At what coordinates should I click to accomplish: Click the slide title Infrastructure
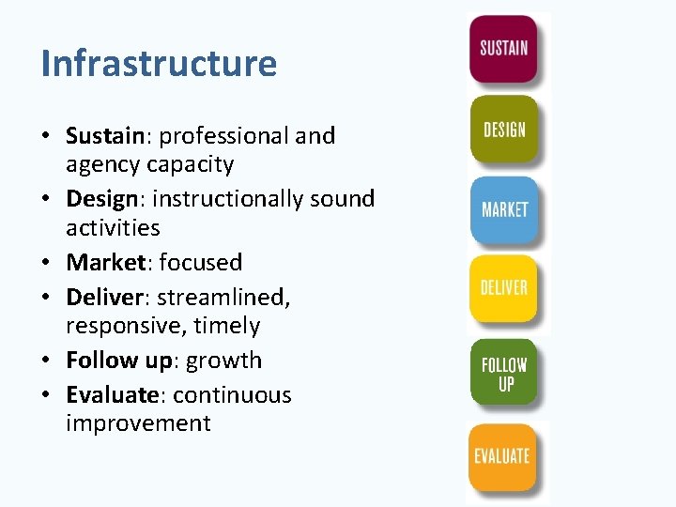coord(159,63)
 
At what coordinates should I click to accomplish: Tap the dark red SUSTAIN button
coord(503,48)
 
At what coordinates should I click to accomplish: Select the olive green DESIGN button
coord(504,129)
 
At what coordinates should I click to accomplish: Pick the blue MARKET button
coord(504,208)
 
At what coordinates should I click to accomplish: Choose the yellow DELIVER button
coord(504,287)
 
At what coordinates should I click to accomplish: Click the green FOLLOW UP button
coord(504,373)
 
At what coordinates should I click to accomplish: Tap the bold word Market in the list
coord(104,262)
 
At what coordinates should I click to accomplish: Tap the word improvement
coord(138,423)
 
